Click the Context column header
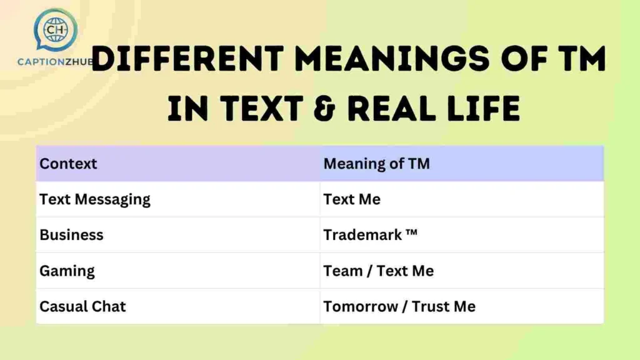pyautogui.click(x=68, y=164)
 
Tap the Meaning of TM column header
pyautogui.click(x=376, y=164)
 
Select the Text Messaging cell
pyautogui.click(x=95, y=199)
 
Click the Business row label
pyautogui.click(x=71, y=235)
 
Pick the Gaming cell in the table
pyautogui.click(x=67, y=271)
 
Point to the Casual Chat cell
pyautogui.click(x=82, y=306)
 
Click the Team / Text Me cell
pyautogui.click(x=378, y=271)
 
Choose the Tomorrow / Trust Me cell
pyautogui.click(x=399, y=306)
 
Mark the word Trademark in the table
pyautogui.click(x=362, y=235)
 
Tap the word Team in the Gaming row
pyautogui.click(x=342, y=271)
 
